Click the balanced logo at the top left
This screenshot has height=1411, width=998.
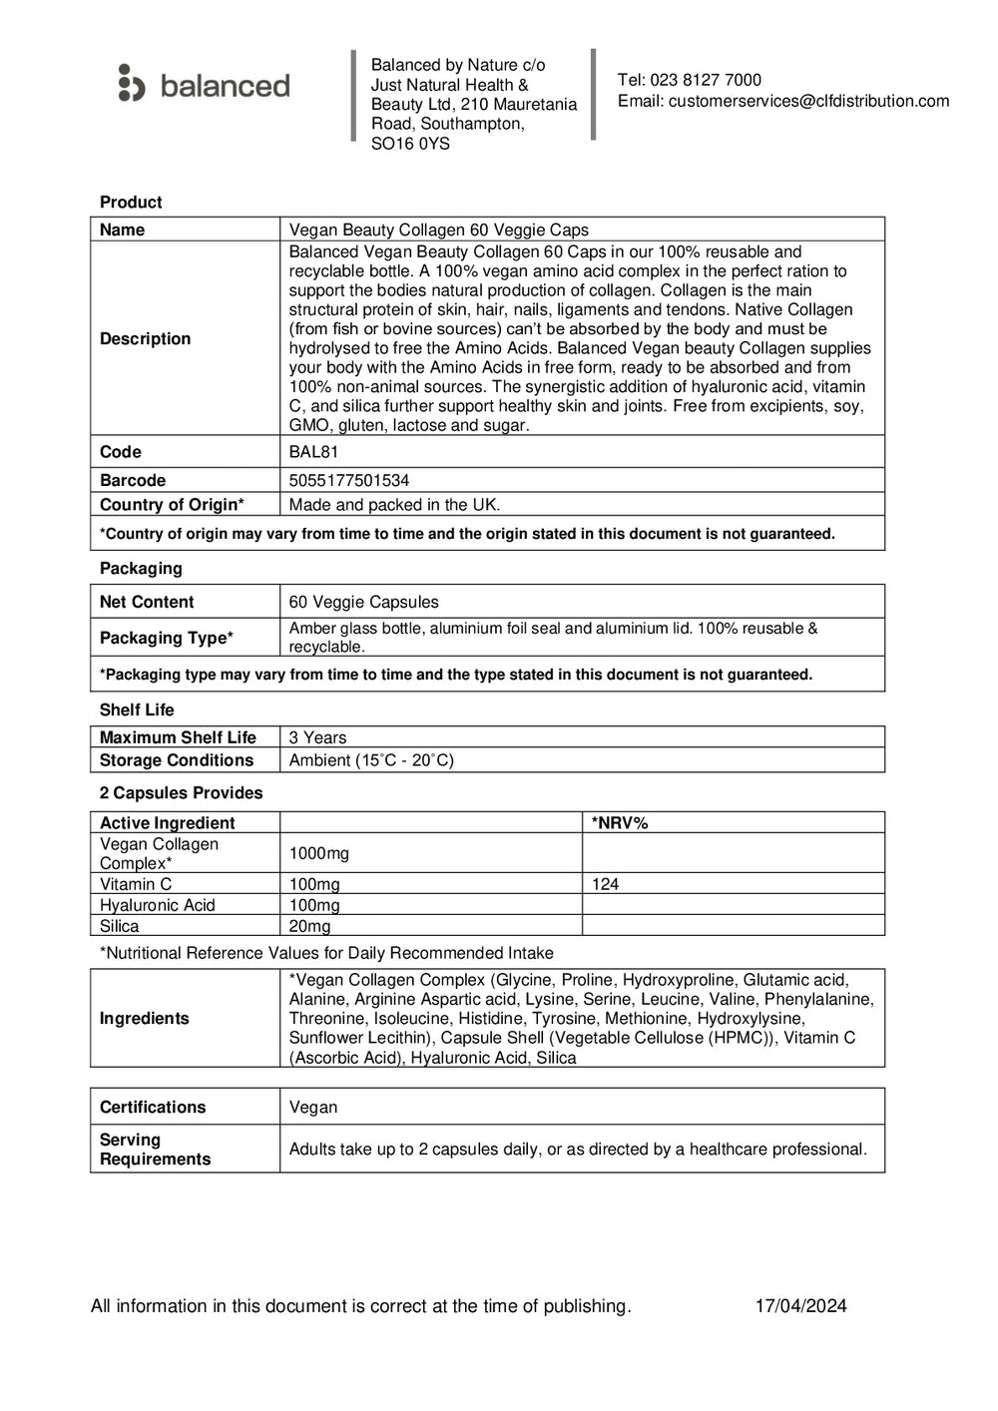click(x=204, y=85)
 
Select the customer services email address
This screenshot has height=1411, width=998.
click(x=808, y=101)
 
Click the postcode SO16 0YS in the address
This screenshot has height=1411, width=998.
click(x=410, y=144)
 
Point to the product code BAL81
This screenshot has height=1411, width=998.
click(x=314, y=452)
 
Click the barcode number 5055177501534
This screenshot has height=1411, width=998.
click(x=348, y=480)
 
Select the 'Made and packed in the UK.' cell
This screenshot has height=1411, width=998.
click(x=394, y=505)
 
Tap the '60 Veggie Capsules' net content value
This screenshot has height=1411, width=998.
click(x=363, y=602)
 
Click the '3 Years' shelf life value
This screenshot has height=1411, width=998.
click(x=317, y=737)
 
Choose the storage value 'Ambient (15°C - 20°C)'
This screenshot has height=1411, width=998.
click(x=371, y=760)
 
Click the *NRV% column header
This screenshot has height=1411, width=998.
click(x=620, y=823)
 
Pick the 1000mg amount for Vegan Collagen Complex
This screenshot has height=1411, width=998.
click(x=318, y=853)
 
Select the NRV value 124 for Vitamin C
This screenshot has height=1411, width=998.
click(x=605, y=884)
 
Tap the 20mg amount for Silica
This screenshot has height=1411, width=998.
click(x=309, y=926)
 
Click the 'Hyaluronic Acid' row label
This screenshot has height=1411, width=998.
click(x=157, y=905)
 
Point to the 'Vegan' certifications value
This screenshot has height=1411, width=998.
click(x=313, y=1108)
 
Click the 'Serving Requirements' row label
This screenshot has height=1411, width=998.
click(x=155, y=1150)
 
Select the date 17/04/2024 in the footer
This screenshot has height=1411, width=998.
click(x=800, y=1306)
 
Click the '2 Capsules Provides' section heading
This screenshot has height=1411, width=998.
click(x=181, y=793)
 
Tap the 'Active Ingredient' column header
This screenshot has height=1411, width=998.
click(x=167, y=823)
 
